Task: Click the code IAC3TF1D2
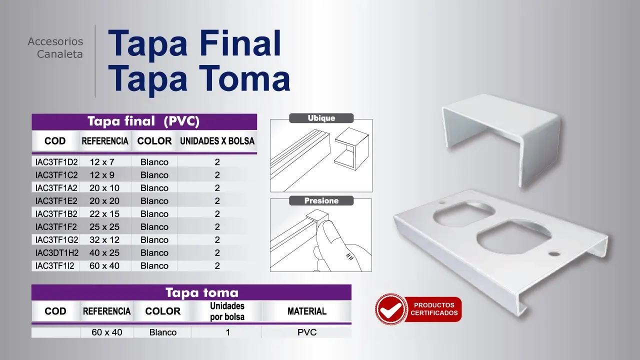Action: click(x=56, y=162)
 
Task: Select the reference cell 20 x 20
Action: click(x=104, y=201)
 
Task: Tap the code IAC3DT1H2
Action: click(x=57, y=253)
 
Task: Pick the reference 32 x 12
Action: click(x=104, y=239)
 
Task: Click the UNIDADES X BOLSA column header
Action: click(x=217, y=141)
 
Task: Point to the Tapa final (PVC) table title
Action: click(x=143, y=121)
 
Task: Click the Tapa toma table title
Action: click(x=202, y=292)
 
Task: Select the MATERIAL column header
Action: click(x=307, y=311)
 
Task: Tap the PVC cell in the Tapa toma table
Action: click(x=307, y=332)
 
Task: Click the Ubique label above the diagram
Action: click(x=321, y=118)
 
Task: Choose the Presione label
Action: click(x=321, y=200)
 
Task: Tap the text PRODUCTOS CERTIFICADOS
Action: click(x=434, y=309)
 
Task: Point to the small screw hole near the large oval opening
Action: click(x=554, y=253)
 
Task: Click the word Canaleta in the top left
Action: click(x=59, y=54)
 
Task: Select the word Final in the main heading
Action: click(x=240, y=43)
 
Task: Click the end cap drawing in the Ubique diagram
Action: click(x=351, y=149)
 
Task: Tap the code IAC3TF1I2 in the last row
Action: click(x=54, y=265)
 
